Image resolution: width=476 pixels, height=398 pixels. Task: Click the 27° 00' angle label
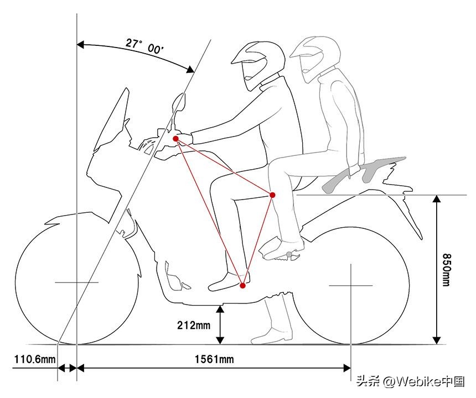pos(145,46)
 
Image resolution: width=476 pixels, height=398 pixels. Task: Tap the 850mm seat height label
pos(446,269)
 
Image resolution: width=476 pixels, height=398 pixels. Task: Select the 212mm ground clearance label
pos(194,325)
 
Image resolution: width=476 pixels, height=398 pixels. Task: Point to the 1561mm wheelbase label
pos(214,359)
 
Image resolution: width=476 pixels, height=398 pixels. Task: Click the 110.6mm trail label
pos(35,359)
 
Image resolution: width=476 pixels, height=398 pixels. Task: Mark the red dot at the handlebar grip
pos(175,139)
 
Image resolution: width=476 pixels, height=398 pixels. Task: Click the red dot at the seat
pos(272,195)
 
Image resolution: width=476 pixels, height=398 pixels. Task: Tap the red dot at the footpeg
pos(242,285)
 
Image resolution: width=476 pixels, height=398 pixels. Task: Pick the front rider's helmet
pos(258,65)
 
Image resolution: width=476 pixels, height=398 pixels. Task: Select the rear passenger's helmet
pos(315,59)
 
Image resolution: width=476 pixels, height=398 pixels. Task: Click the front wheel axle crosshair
pos(77,282)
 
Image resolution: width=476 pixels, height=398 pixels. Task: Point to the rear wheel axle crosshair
pos(351,285)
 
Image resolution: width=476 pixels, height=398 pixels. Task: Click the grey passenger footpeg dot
pos(289,254)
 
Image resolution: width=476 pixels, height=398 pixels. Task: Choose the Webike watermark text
pos(411,381)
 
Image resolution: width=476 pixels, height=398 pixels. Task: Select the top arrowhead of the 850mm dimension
pos(437,199)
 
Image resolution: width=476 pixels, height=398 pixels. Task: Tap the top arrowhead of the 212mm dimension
pos(220,309)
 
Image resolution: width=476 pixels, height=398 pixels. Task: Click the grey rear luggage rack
pos(364,174)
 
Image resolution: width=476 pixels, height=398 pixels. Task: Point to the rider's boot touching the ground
pos(272,322)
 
